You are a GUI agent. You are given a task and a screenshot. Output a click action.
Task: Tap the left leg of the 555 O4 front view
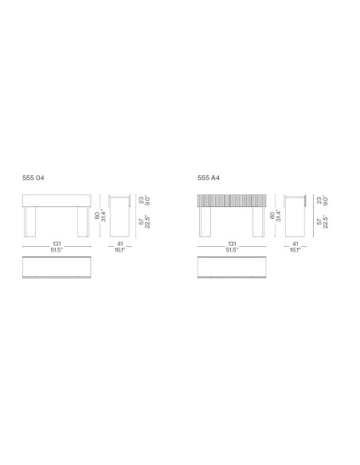[x=32, y=222]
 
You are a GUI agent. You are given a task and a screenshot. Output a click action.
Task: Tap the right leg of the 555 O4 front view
[x=82, y=222]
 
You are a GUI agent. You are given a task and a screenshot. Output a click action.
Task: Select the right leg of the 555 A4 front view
[x=257, y=222]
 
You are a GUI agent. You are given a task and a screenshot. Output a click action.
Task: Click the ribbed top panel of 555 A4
[x=232, y=201]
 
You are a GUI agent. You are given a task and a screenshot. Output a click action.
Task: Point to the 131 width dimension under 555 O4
[x=57, y=244]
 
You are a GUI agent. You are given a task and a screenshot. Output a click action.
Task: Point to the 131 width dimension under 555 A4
[x=232, y=244]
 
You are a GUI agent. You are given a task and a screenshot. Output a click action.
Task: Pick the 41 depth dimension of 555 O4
[x=119, y=244]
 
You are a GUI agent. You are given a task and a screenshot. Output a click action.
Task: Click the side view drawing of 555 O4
[x=119, y=215]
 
